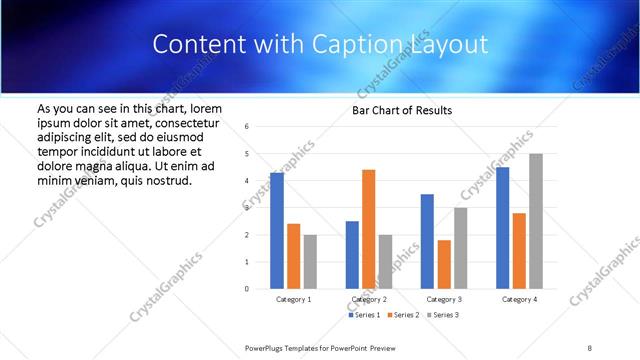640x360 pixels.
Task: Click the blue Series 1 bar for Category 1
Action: coord(277,231)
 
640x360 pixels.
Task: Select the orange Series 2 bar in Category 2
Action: coord(368,229)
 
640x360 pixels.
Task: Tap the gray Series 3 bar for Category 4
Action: coord(536,221)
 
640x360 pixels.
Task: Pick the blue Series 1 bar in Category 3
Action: coord(427,241)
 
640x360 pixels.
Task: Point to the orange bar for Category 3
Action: coord(444,264)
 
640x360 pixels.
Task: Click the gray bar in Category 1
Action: coord(310,261)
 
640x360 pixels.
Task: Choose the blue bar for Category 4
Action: coord(502,228)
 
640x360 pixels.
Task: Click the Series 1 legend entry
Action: coord(364,315)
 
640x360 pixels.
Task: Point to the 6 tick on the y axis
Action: coord(247,126)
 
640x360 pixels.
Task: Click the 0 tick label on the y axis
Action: coord(247,289)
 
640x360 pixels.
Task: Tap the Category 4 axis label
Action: coord(519,299)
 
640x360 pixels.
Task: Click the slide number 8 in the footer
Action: coord(590,347)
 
